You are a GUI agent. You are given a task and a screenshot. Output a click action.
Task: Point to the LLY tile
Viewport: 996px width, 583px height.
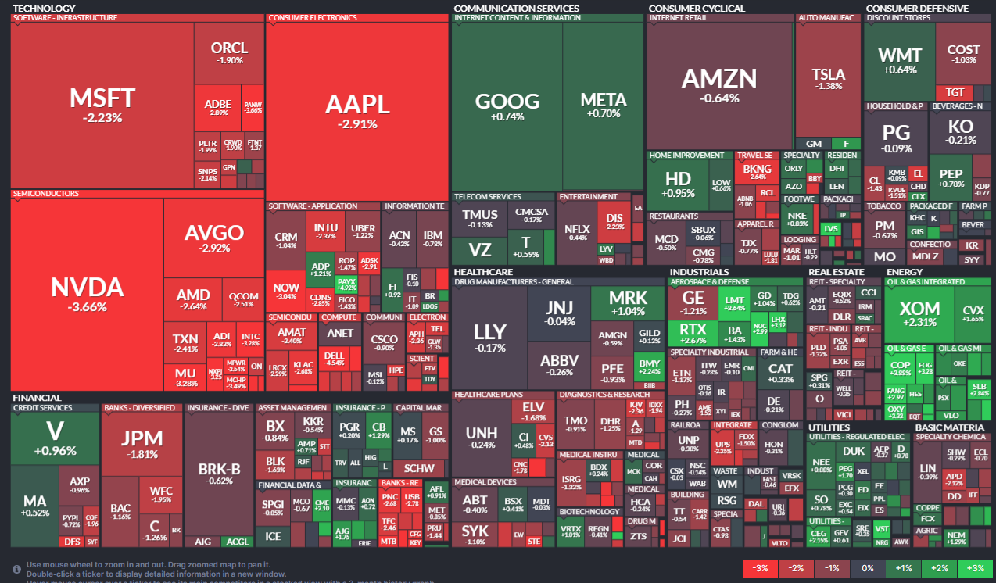[489, 336]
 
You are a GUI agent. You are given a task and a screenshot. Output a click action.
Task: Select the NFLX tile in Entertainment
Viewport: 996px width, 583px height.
[577, 232]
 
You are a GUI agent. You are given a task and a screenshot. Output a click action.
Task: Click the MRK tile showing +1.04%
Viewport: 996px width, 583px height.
[628, 302]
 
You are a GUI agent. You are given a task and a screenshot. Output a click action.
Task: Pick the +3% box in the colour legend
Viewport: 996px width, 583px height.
[975, 568]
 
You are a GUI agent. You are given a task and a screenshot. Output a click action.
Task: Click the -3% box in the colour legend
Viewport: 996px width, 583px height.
[760, 568]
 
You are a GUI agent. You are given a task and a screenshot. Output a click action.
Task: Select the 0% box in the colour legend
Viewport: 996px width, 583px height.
[868, 568]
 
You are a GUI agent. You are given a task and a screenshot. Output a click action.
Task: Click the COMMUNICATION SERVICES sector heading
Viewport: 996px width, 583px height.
[516, 9]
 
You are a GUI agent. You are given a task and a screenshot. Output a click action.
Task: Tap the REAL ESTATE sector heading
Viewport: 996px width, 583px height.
[836, 272]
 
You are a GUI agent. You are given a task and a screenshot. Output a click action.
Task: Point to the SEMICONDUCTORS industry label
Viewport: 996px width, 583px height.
[46, 193]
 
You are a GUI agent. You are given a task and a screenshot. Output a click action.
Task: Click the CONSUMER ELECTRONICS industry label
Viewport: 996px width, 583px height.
[313, 17]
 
